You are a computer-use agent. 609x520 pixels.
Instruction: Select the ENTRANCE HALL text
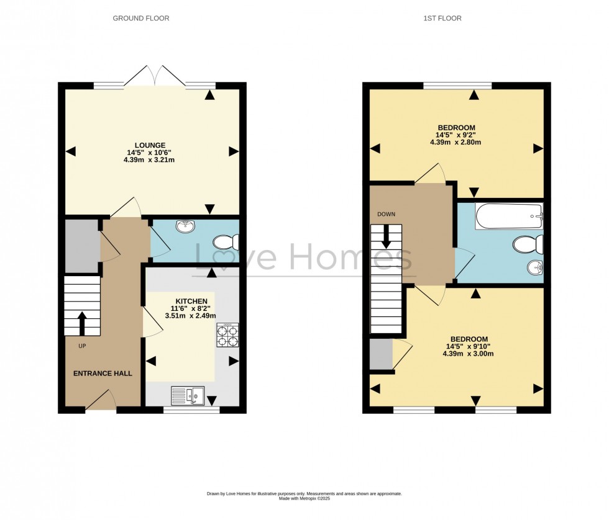click(x=103, y=374)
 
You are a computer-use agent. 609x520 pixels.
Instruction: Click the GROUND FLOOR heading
click(x=140, y=19)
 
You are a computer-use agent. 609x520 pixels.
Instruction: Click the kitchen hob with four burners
click(x=227, y=335)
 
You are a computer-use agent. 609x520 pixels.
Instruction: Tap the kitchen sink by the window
click(x=188, y=395)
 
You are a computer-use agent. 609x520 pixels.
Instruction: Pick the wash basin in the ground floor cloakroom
click(x=184, y=226)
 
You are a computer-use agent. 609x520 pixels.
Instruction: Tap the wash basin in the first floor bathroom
click(x=534, y=268)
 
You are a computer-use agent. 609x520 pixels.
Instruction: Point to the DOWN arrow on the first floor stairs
click(x=387, y=235)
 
